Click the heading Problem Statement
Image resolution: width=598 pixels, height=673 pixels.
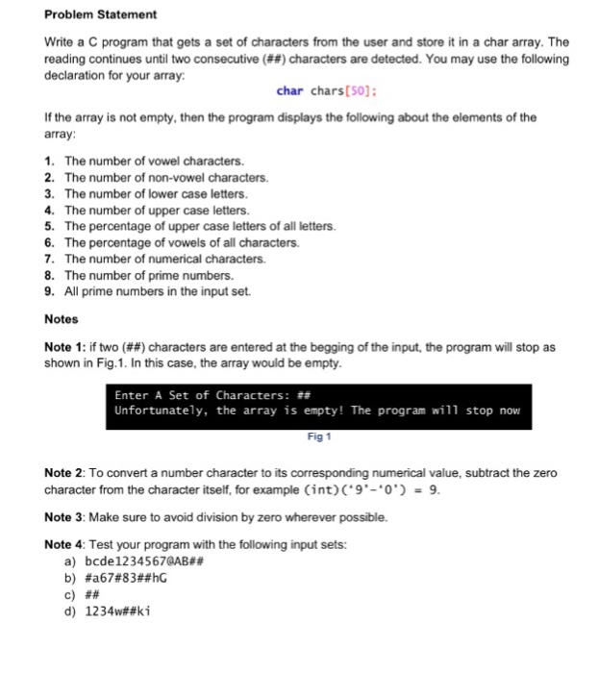pyautogui.click(x=102, y=15)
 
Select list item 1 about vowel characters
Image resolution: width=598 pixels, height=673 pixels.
pyautogui.click(x=153, y=161)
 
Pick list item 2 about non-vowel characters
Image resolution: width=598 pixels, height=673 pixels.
pyautogui.click(x=165, y=178)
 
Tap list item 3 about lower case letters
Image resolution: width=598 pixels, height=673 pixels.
pyautogui.click(x=158, y=194)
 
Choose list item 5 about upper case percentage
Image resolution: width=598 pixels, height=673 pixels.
pyautogui.click(x=200, y=226)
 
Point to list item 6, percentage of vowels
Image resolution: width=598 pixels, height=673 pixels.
pyautogui.click(x=181, y=242)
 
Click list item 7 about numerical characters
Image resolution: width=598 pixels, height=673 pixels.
pyautogui.click(x=163, y=259)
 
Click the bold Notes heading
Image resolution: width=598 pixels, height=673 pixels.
pyautogui.click(x=62, y=319)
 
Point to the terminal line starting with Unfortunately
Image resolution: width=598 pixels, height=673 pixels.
pyautogui.click(x=317, y=411)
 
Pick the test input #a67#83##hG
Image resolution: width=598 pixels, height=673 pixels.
pyautogui.click(x=128, y=578)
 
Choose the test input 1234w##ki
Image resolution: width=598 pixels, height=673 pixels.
pyautogui.click(x=119, y=611)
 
